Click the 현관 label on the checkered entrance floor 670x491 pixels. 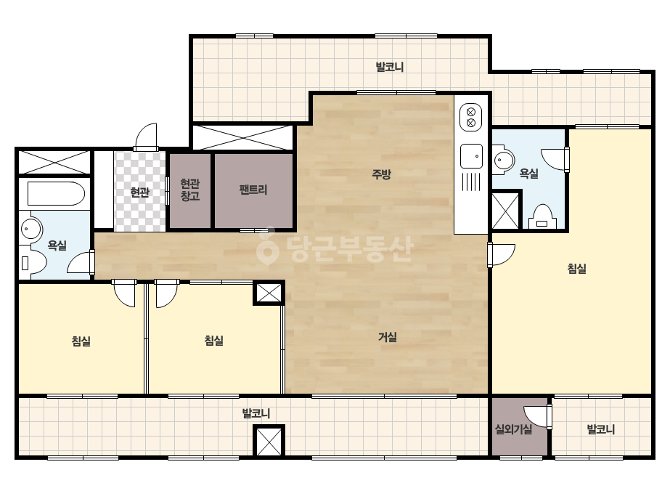point(139,192)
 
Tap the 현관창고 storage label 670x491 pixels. point(190,190)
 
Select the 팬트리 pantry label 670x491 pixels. point(253,190)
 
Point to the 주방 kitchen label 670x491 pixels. point(382,174)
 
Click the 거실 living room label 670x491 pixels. point(388,337)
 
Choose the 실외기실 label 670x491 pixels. point(513,429)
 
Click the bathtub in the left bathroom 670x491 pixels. point(56,194)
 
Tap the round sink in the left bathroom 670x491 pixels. point(31,229)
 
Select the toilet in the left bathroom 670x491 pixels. point(33,261)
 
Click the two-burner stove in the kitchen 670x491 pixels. point(471,118)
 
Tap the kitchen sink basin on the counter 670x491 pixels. point(471,156)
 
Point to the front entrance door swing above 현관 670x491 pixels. point(146,137)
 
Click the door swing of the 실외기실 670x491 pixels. point(537,417)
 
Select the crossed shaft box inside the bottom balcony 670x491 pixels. point(269,441)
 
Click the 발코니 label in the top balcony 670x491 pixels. point(389,67)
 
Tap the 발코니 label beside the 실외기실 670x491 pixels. point(601,429)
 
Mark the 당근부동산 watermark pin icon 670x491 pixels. point(267,245)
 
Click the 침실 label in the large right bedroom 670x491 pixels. point(577,269)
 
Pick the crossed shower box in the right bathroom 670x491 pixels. point(506,211)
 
